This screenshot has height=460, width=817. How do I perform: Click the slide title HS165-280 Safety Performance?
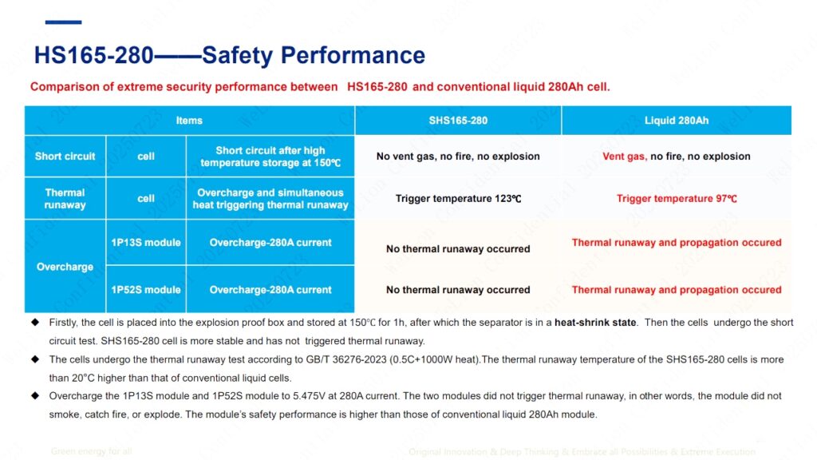229,55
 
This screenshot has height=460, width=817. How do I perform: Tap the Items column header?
189,121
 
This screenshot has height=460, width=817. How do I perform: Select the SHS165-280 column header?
458,121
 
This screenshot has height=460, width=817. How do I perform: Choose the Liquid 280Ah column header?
677,121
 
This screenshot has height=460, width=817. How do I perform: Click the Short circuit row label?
65,157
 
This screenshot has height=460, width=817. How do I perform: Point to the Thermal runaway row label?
65,198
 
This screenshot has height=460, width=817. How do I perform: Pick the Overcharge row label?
65,267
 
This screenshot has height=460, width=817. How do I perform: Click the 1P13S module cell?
145,243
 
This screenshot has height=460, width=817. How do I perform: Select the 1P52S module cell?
145,290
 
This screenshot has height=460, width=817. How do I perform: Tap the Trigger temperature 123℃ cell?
458,199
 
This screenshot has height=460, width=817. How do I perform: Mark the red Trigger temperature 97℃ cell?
677,199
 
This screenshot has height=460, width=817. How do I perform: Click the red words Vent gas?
624,157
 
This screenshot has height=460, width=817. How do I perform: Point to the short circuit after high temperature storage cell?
270,157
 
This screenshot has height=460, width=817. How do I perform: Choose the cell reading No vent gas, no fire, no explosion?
458,157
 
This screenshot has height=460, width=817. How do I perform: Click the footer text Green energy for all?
91,452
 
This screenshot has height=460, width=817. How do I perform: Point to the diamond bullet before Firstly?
34,323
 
